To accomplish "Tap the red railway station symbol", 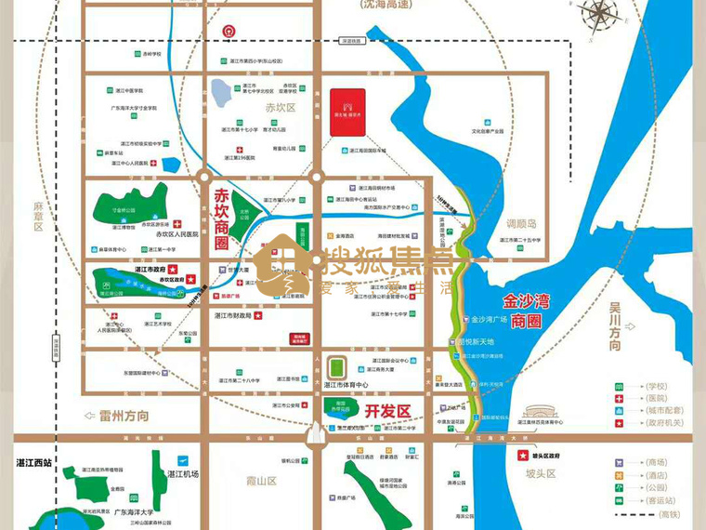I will pyautogui.click(x=229, y=31).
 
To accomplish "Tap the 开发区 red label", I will pyautogui.click(x=386, y=410).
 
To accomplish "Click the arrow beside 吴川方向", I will pyautogui.click(x=631, y=326).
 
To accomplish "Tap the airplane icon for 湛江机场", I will pyautogui.click(x=182, y=461).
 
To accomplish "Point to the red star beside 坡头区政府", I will pyautogui.click(x=521, y=457).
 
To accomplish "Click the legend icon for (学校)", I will pyautogui.click(x=619, y=385).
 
